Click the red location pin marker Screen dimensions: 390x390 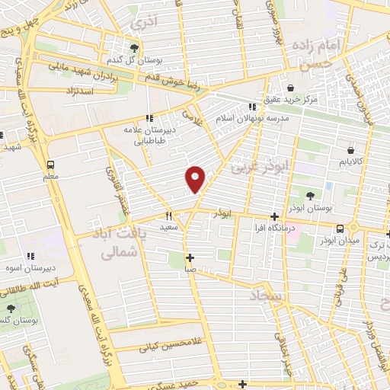click(x=196, y=179)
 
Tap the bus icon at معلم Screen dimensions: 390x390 click(x=50, y=165)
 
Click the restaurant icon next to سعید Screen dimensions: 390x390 click(x=169, y=216)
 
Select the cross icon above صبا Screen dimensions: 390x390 click(x=190, y=257)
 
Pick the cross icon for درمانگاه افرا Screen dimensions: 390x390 click(x=275, y=217)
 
